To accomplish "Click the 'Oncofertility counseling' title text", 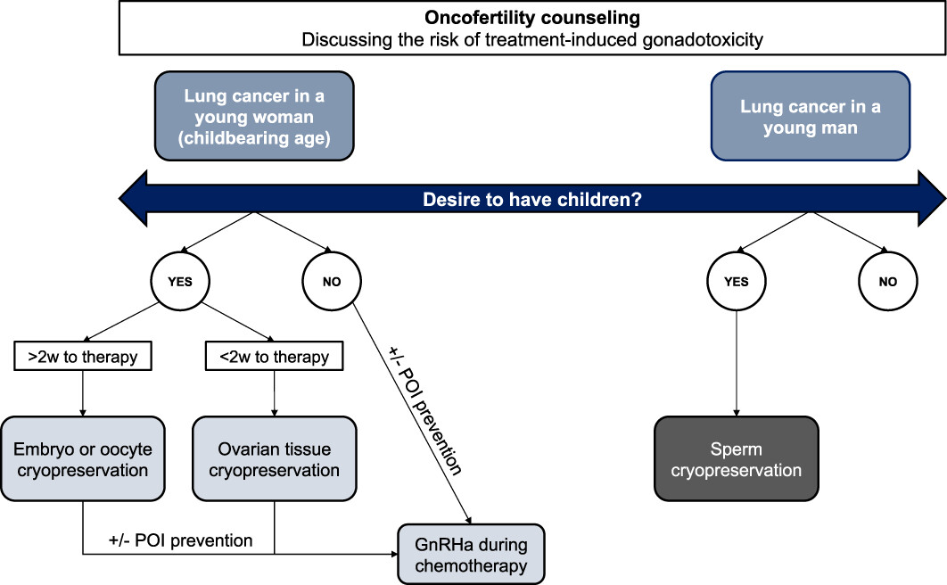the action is pyautogui.click(x=532, y=18).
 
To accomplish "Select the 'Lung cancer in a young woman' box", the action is pyautogui.click(x=254, y=116).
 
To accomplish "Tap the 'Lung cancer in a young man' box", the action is pyautogui.click(x=811, y=116).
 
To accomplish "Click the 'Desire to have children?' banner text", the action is pyautogui.click(x=532, y=199).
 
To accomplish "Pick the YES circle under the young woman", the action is pyautogui.click(x=180, y=281).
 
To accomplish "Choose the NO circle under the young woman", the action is pyautogui.click(x=332, y=281).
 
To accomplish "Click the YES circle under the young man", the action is pyautogui.click(x=737, y=281).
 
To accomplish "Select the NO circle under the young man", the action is pyautogui.click(x=888, y=281).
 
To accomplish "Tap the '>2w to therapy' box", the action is pyautogui.click(x=83, y=356).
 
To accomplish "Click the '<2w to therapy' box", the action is pyautogui.click(x=274, y=356).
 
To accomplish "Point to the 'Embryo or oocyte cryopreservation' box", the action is pyautogui.click(x=83, y=459).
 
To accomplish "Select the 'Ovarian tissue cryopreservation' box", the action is pyautogui.click(x=274, y=459).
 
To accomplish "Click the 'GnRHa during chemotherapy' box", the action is pyautogui.click(x=471, y=554).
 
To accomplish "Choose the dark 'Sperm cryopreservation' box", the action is pyautogui.click(x=737, y=459).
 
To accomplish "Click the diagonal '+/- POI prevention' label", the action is pyautogui.click(x=425, y=410).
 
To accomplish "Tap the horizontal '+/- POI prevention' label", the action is pyautogui.click(x=181, y=540).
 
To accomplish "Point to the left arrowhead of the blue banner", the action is pyautogui.click(x=133, y=199).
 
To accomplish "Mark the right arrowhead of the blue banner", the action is pyautogui.click(x=932, y=199).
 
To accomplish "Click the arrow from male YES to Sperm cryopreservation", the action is pyautogui.click(x=737, y=364).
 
